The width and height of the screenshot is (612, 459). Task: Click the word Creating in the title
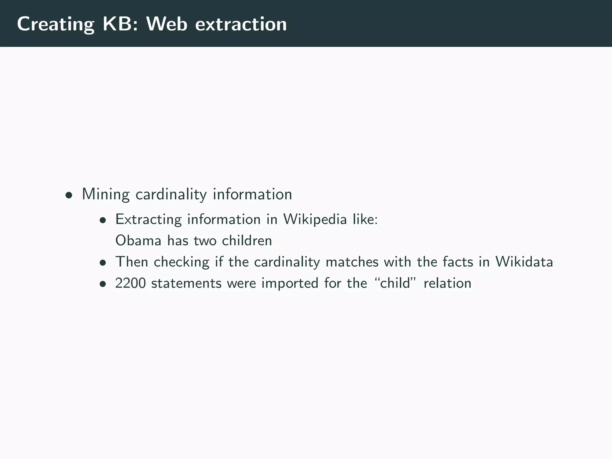pos(55,24)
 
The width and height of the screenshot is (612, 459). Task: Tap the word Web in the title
pos(166,24)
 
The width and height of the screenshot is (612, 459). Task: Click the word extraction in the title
pos(241,24)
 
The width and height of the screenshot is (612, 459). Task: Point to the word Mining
pos(105,195)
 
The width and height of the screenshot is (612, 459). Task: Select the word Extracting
pos(148,220)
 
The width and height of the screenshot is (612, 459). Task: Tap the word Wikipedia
pos(315,220)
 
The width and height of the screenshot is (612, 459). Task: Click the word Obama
pos(138,241)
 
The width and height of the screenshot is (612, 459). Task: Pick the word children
pos(247,241)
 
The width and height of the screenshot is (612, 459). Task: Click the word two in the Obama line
pos(205,241)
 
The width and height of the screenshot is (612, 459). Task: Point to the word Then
pos(131,262)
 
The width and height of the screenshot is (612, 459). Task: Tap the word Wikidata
pos(524,262)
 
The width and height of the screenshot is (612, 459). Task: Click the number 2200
pos(130,283)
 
